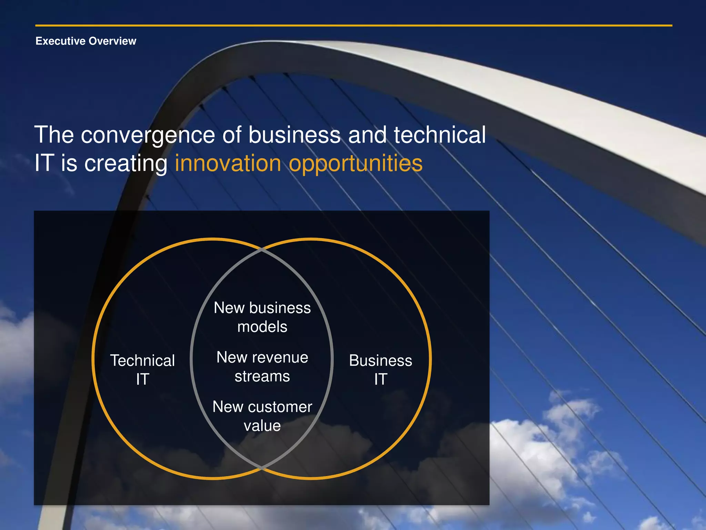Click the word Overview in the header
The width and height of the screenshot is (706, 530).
point(112,41)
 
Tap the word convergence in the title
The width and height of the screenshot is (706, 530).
point(148,135)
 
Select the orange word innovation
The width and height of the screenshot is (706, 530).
point(228,163)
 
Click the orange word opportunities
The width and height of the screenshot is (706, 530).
point(355,164)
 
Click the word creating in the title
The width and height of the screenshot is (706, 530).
point(126,164)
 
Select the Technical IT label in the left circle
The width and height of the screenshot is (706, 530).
point(142,370)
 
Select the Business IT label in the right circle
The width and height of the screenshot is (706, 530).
point(380,370)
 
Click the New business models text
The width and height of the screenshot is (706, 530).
point(262,317)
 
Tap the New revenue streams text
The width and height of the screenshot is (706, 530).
point(262,366)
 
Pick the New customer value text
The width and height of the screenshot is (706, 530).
point(262,416)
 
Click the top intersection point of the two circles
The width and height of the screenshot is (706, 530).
point(262,249)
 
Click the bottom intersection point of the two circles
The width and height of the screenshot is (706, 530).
point(262,468)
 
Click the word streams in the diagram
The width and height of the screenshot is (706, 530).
point(262,376)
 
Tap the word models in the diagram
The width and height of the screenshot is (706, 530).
point(262,327)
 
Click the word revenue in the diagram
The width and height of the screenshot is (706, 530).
point(280,357)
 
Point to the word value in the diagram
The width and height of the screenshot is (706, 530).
point(262,426)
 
